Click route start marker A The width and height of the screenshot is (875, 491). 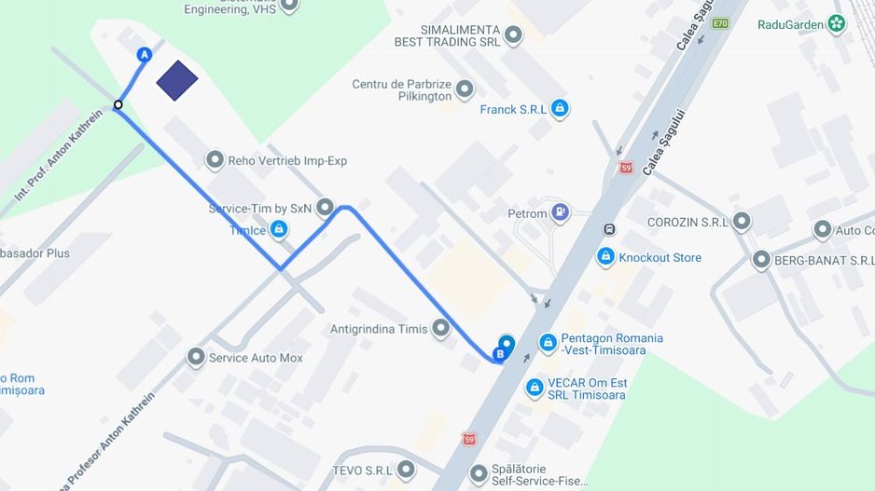click(144, 55)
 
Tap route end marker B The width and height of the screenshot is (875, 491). click(501, 354)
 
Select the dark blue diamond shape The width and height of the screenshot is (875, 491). click(177, 80)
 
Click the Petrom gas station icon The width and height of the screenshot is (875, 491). click(560, 213)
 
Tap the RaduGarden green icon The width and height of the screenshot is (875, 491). click(837, 24)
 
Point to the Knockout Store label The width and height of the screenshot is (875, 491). click(660, 257)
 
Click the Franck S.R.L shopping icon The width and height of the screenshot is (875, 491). click(559, 109)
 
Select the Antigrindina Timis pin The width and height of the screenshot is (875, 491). click(440, 328)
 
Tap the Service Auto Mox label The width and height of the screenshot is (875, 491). click(256, 358)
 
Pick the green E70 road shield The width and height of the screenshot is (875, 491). click(719, 23)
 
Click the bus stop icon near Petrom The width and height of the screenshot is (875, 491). click(609, 229)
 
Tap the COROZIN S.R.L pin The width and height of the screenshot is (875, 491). click(742, 222)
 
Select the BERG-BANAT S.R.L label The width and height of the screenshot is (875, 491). click(824, 260)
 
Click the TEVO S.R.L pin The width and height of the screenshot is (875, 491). click(407, 470)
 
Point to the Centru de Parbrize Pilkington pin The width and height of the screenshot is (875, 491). click(464, 89)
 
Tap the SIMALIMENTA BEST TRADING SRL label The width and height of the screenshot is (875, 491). click(447, 35)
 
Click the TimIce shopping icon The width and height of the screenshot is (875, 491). click(278, 230)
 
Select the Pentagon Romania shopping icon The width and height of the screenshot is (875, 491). click(549, 343)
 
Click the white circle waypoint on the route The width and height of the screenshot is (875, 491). click(118, 104)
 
